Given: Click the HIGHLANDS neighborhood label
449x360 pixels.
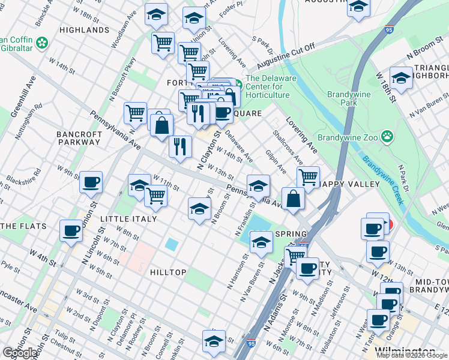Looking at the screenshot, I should tap(84, 29).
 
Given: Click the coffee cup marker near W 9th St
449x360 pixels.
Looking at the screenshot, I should tap(91, 182).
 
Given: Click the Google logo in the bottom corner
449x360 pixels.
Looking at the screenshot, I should tap(20, 353).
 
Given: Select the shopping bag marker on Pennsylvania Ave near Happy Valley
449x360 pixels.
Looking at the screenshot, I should tap(292, 199).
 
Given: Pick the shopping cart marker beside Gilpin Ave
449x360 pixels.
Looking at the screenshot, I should tap(308, 177).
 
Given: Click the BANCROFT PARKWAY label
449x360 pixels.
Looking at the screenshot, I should tap(78, 137).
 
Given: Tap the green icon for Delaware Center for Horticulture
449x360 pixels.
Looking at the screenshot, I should tap(238, 83).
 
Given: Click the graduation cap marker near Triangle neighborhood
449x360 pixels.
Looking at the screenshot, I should tap(400, 78).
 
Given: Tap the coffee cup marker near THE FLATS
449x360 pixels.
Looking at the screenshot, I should tap(71, 230).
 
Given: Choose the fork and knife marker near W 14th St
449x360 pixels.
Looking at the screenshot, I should tap(180, 146).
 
